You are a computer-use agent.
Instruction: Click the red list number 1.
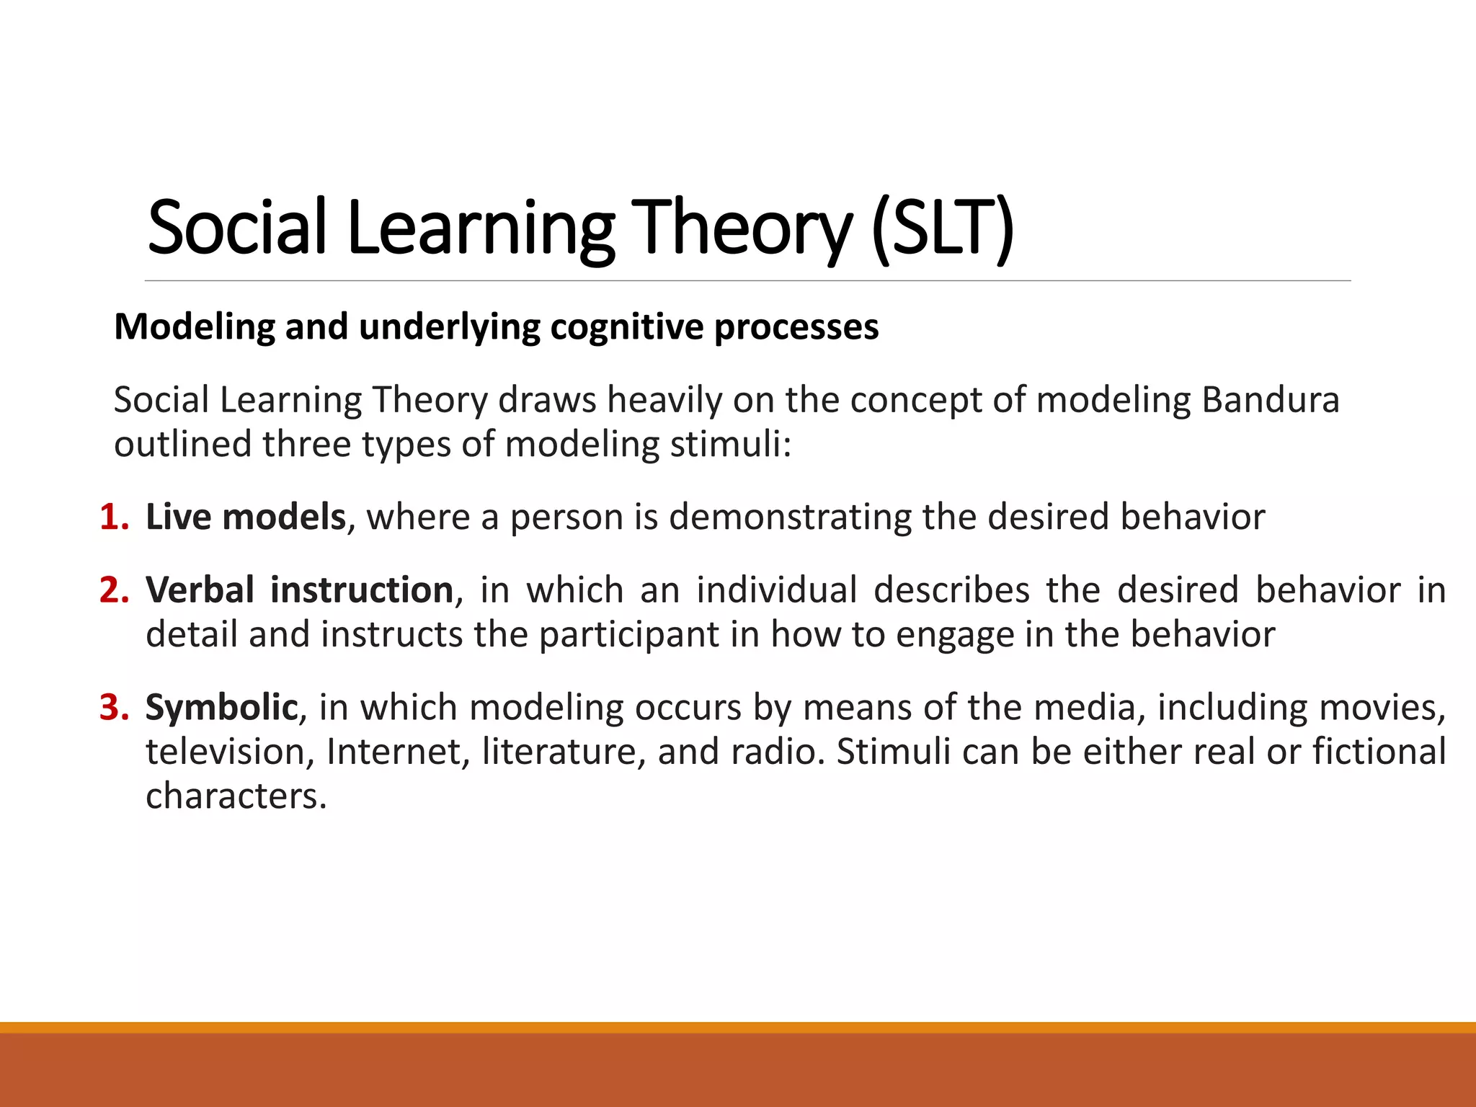113,517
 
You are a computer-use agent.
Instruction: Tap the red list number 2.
113,590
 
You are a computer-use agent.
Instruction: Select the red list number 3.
113,707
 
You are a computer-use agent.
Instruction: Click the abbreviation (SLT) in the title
942,228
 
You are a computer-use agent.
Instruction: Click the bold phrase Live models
246,517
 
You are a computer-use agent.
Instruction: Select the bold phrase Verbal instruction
299,590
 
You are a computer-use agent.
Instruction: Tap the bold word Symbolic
221,707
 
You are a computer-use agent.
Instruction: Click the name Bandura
1270,400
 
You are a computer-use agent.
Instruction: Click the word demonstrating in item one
790,517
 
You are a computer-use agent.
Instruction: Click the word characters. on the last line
236,796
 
